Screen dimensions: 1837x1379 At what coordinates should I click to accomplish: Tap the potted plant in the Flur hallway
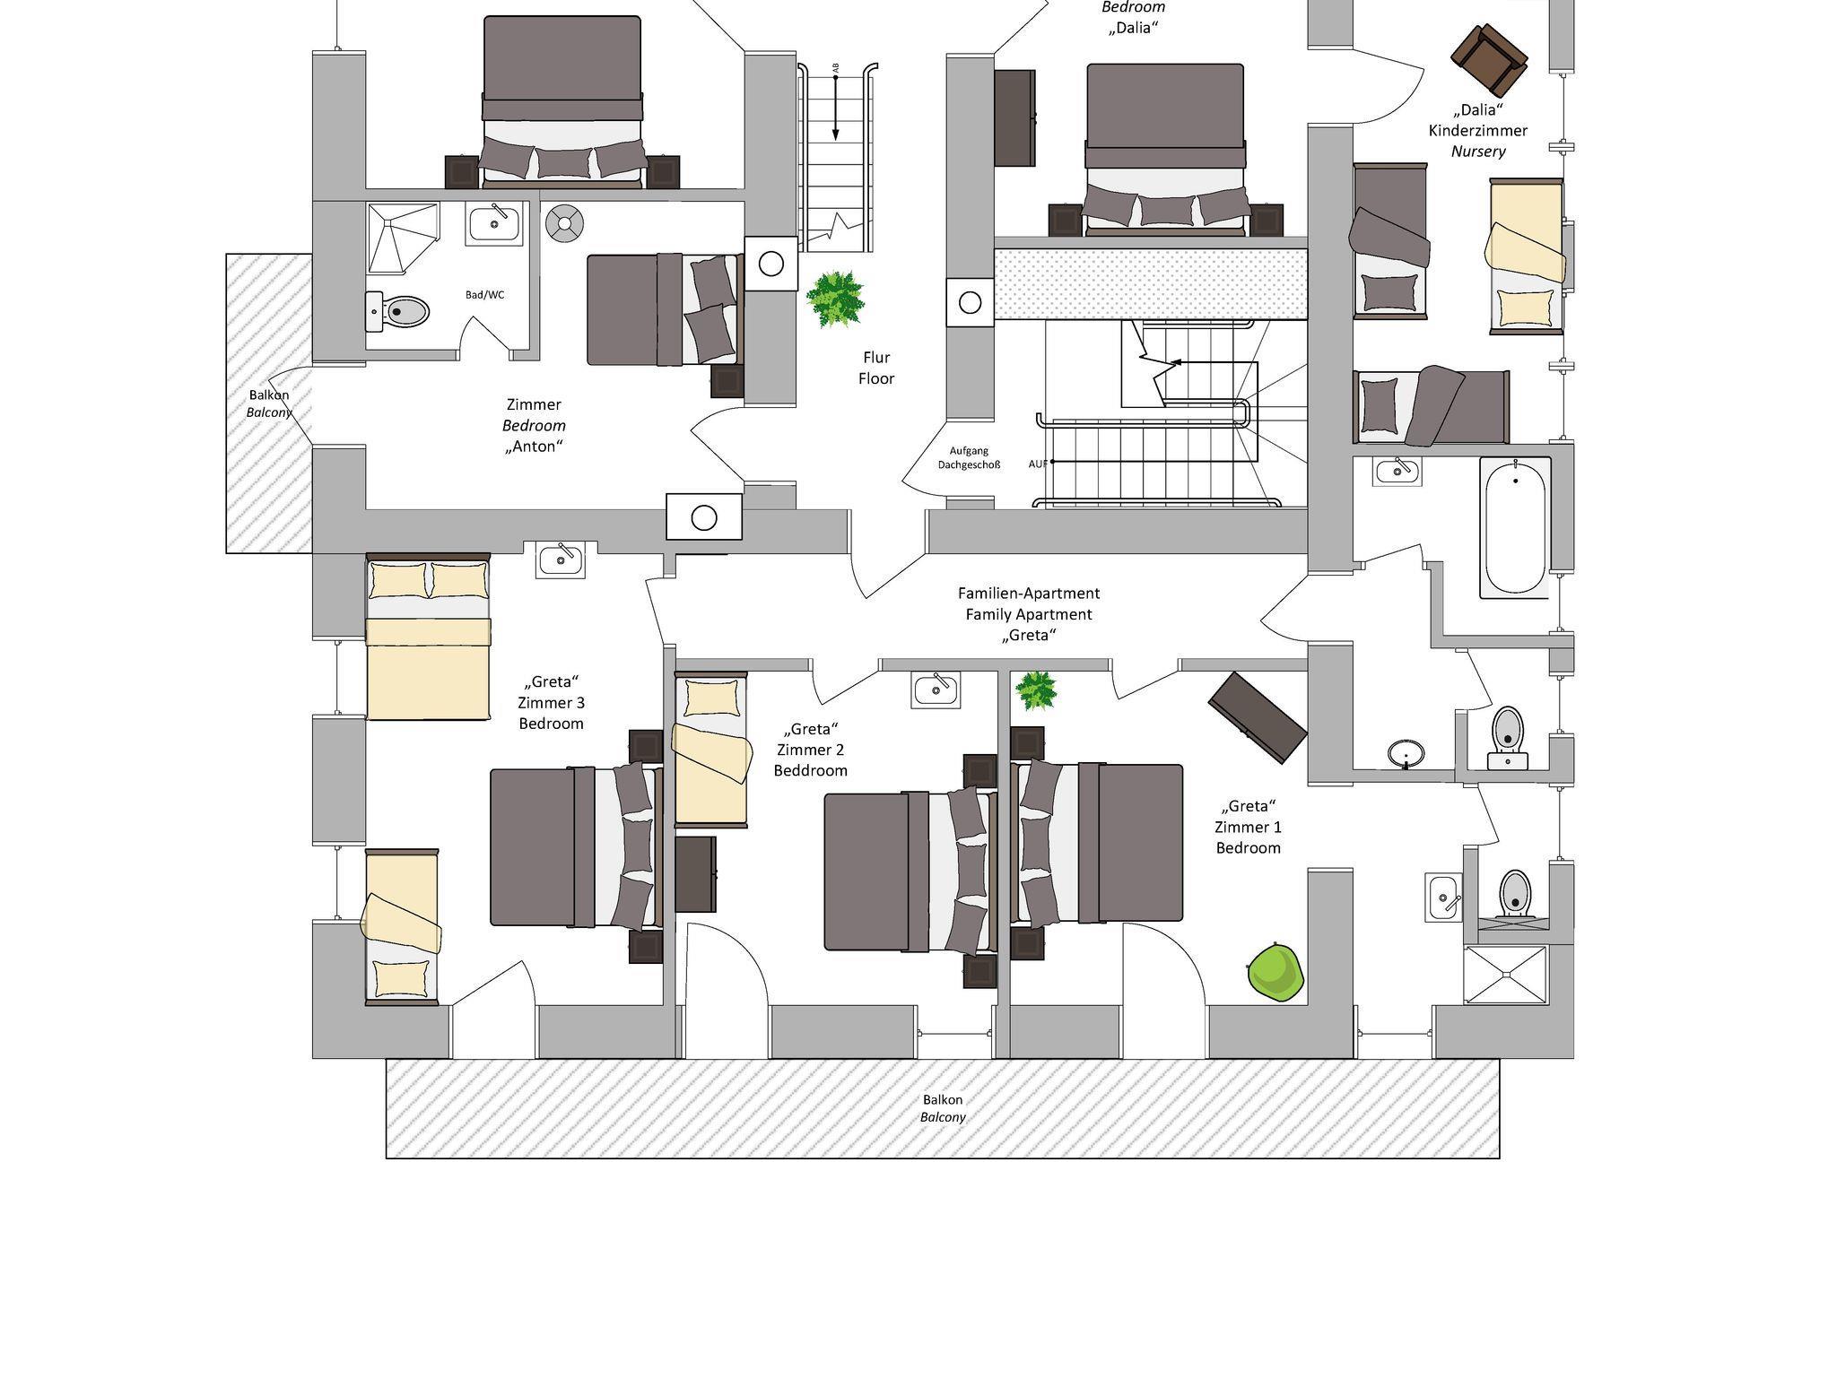(834, 299)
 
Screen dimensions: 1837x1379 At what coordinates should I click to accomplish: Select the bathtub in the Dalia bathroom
(1515, 527)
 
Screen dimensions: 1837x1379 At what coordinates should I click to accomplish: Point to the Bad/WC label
(484, 294)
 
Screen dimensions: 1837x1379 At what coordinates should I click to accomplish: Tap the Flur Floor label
(876, 368)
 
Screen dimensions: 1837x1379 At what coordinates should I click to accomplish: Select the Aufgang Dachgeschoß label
(969, 458)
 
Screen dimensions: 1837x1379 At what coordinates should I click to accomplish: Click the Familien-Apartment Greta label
(1029, 614)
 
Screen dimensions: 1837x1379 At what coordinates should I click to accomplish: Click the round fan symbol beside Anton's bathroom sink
(565, 223)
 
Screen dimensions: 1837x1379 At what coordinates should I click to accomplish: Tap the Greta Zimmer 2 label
(810, 750)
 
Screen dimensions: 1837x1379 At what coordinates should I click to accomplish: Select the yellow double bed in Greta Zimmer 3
(428, 637)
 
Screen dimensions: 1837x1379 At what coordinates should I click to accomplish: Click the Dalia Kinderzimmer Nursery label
(1478, 131)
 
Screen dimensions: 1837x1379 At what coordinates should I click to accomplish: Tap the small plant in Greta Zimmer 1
(1036, 690)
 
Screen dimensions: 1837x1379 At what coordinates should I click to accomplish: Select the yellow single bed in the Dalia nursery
(1526, 256)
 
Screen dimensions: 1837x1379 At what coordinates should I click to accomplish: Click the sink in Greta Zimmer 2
(936, 689)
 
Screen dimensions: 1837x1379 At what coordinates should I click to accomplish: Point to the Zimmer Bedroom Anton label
(535, 425)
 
